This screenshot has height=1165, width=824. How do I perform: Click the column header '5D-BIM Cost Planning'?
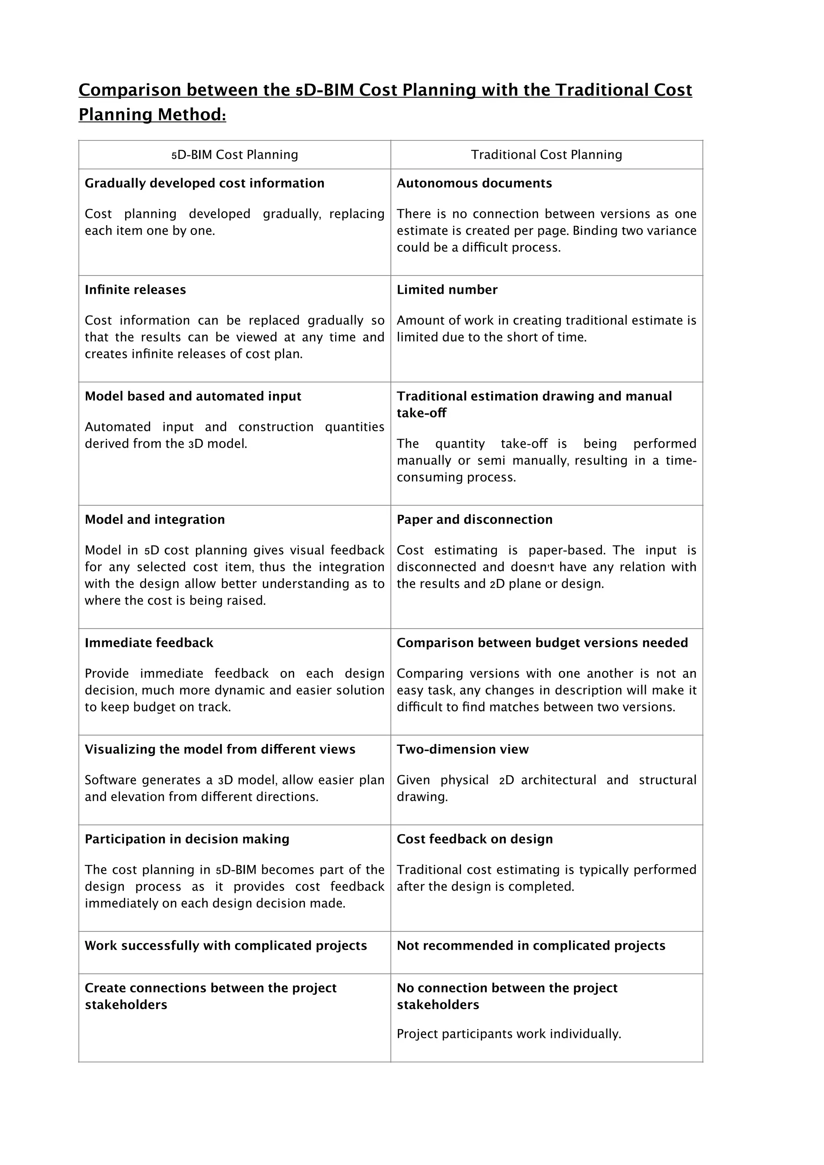point(235,155)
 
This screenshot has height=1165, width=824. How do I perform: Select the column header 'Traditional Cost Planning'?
point(546,155)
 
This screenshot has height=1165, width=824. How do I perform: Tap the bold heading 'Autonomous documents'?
point(474,183)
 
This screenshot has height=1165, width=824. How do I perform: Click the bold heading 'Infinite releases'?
point(135,290)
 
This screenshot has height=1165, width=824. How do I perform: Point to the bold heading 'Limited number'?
point(447,290)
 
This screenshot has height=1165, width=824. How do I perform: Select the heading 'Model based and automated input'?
point(193,396)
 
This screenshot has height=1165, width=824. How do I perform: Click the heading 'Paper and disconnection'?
point(474,520)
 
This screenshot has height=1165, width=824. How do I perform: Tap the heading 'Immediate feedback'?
point(148,643)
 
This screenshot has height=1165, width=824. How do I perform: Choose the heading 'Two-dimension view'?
point(462,749)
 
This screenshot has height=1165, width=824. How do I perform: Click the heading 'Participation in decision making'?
point(187,839)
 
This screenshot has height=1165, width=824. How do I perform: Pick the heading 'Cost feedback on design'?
point(474,839)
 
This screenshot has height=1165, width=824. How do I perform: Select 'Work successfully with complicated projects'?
point(225,946)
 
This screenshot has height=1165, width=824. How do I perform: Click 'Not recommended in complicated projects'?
point(531,946)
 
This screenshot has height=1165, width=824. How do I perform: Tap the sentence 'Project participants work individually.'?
point(509,1034)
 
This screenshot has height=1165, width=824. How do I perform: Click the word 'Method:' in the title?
point(192,115)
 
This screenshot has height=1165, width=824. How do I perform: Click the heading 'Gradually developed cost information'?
point(204,183)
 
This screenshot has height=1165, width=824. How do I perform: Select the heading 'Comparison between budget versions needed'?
point(542,643)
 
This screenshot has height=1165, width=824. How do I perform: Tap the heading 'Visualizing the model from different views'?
point(220,749)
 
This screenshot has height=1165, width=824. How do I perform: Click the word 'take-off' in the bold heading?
point(421,413)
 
